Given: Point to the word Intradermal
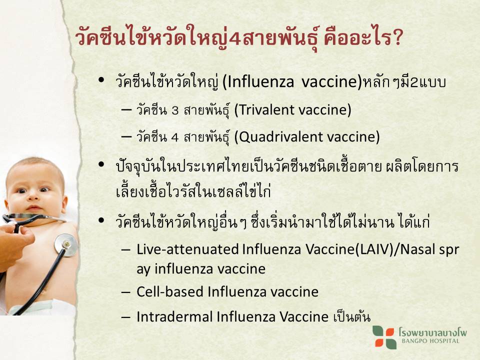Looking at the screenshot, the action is pyautogui.click(x=174, y=316).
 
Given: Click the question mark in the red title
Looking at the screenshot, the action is pyautogui.click(x=397, y=38).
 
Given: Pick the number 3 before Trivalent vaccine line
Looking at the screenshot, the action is pyautogui.click(x=175, y=110).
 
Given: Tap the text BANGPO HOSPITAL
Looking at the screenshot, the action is pyautogui.click(x=430, y=341).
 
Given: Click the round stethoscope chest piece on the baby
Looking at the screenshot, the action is pyautogui.click(x=66, y=244).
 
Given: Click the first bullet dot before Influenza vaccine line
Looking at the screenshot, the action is pyautogui.click(x=101, y=80).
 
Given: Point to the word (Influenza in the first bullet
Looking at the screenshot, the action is pyautogui.click(x=258, y=81).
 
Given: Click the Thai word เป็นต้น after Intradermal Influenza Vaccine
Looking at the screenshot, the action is pyautogui.click(x=351, y=316).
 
